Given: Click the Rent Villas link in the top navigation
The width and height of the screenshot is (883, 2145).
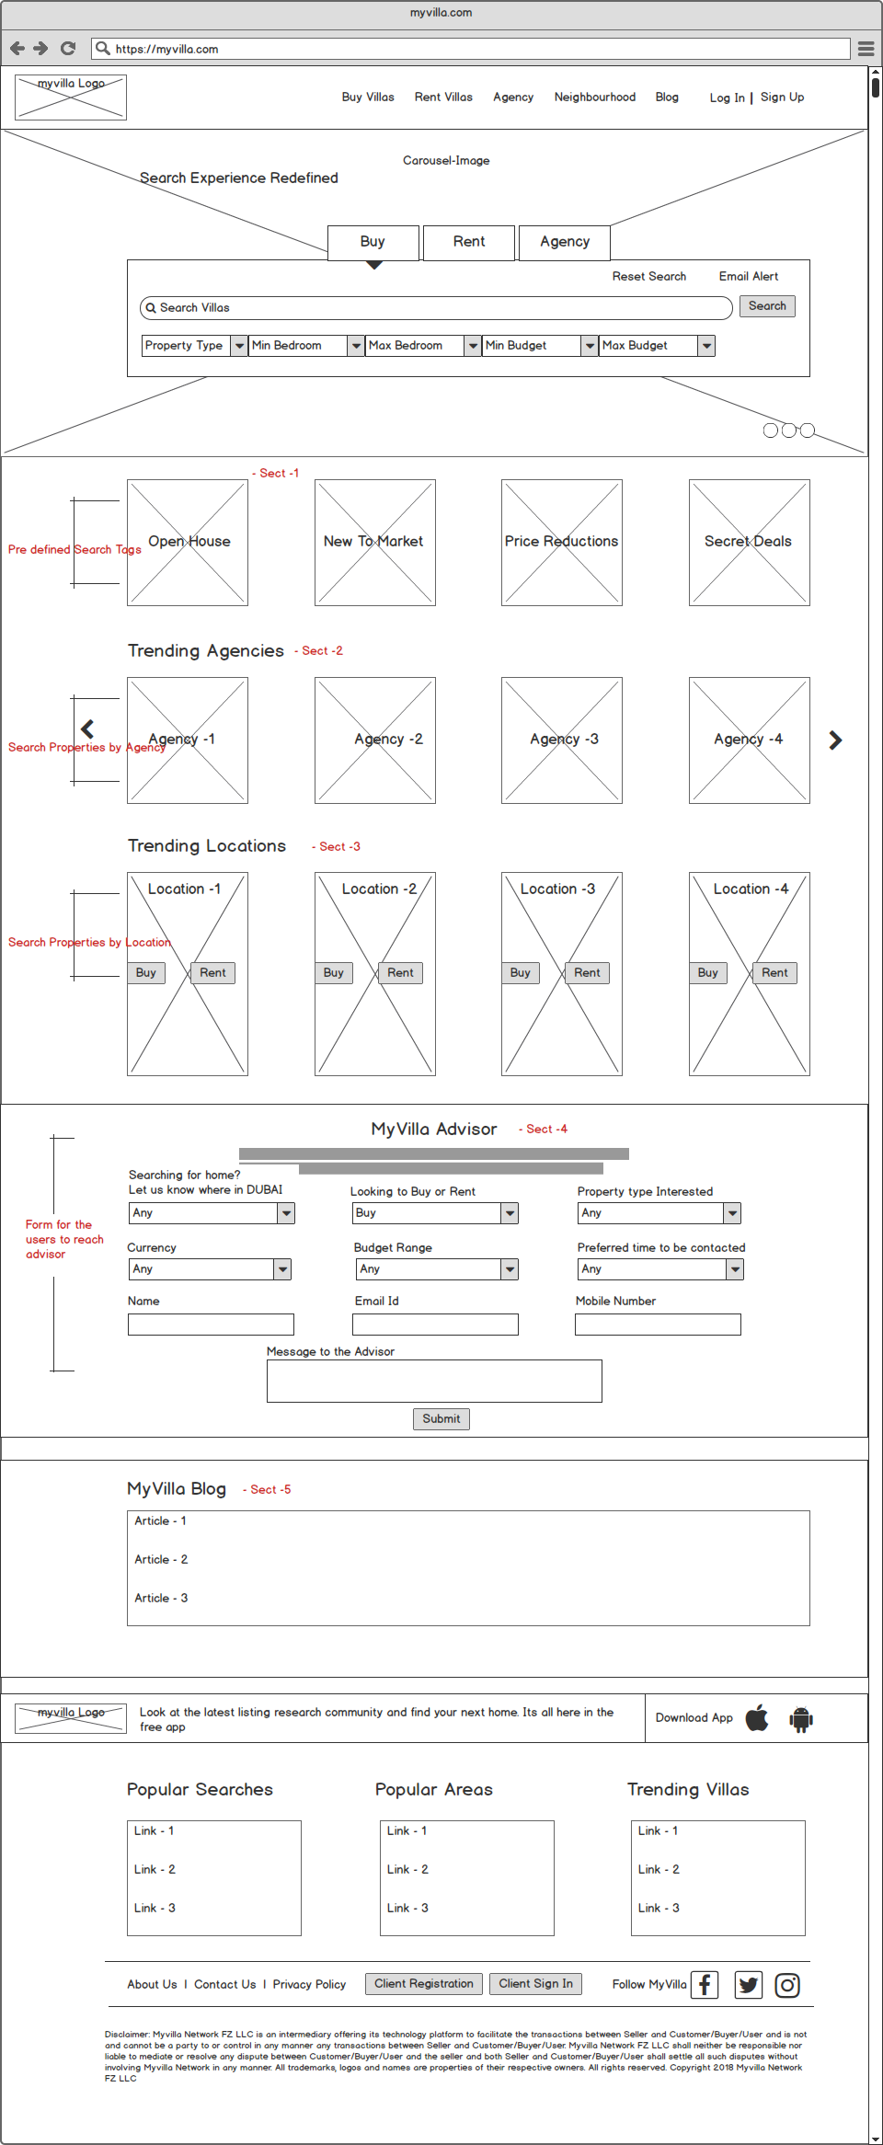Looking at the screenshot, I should point(443,97).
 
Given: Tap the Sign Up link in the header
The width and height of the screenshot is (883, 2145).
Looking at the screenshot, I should point(782,97).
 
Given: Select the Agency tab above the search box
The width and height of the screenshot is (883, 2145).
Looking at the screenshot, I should point(564,242).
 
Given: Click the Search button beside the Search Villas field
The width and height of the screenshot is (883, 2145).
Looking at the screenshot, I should point(767,306).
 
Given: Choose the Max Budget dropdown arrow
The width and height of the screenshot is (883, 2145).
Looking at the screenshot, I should point(706,346).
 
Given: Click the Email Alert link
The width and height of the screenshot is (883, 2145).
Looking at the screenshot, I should point(748,277).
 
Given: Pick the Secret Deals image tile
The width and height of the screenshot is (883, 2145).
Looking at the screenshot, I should point(749,543).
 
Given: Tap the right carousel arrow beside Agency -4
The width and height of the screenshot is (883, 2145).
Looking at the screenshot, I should point(835,740).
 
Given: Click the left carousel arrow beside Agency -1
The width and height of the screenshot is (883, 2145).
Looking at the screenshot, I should point(87,729).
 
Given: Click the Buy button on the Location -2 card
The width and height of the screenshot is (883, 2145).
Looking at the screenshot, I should point(334,973).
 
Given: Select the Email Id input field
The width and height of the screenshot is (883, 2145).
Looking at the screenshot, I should point(435,1325).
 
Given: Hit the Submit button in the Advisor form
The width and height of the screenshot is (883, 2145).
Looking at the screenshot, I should point(441,1419).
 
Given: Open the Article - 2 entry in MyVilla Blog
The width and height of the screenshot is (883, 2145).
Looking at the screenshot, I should point(161,1560).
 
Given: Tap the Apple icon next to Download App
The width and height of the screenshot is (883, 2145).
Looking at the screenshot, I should point(757,1717).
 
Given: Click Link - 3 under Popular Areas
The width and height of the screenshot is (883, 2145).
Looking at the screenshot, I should point(407,1909).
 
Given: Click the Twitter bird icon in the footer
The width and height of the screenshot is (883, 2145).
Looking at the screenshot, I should point(749,1985).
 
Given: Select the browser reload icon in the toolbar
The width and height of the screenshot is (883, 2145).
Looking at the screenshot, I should point(68,49).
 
